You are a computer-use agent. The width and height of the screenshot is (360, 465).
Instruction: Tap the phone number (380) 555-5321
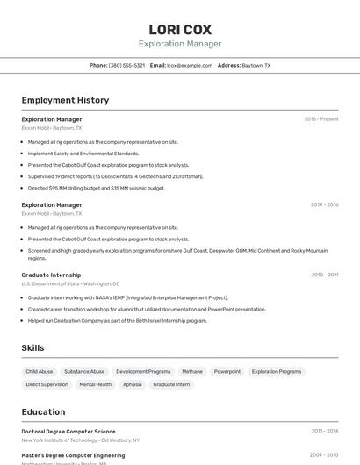pos(126,66)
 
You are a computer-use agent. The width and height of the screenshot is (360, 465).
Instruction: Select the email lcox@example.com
pos(190,66)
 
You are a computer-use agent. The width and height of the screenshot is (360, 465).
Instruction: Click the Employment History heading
pos(65,100)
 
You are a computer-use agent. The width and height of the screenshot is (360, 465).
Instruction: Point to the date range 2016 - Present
pos(320,119)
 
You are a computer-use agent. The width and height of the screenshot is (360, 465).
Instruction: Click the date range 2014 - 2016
pos(324,204)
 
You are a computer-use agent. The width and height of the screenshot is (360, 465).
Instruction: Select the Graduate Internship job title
pos(51,275)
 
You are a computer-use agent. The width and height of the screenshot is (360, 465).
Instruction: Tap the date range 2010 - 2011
pos(324,275)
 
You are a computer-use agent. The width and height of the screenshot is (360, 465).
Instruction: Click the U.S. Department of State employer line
pos(70,284)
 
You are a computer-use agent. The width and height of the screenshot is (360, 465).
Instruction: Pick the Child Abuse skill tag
pos(40,372)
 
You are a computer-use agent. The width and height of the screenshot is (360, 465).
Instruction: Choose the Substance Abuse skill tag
pos(84,372)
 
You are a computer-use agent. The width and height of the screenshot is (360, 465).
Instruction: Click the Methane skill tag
pos(191,372)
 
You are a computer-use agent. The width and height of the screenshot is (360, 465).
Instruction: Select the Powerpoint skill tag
pos(227,372)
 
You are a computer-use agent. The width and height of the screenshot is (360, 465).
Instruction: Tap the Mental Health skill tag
pos(95,384)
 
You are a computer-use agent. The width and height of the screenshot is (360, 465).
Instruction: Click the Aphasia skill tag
pos(132,384)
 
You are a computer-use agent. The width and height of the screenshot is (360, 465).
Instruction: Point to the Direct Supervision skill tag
pos(47,384)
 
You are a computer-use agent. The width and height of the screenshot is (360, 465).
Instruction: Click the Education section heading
pos(44,411)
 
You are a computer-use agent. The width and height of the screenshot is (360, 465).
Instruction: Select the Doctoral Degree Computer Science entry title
pos(68,432)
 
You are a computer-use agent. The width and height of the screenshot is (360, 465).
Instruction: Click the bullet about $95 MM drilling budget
pos(96,188)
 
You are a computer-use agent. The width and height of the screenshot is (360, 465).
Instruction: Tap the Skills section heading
pos(32,348)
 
